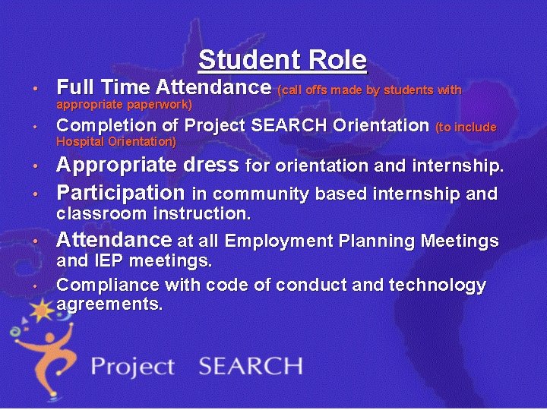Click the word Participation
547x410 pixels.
point(120,192)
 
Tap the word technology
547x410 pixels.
point(440,285)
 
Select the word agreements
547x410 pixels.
point(109,304)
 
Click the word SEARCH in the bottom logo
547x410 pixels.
point(250,366)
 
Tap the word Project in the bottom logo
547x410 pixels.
point(132,367)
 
